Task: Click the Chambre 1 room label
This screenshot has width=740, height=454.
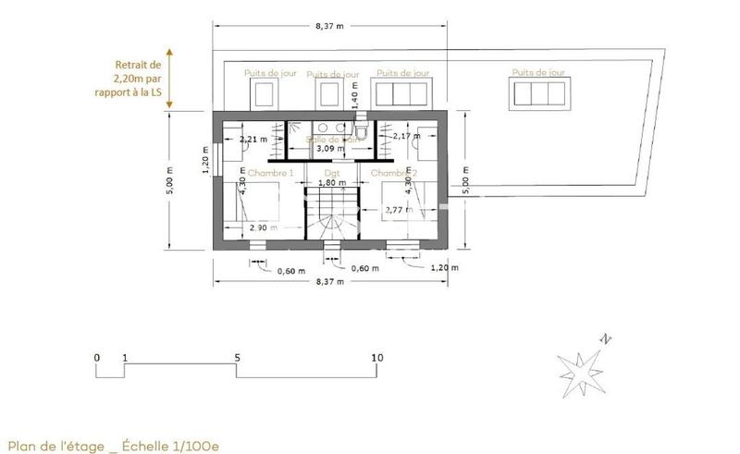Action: (x=272, y=173)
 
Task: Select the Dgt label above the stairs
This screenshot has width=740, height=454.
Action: (x=332, y=173)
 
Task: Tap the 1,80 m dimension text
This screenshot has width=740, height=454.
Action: (x=332, y=184)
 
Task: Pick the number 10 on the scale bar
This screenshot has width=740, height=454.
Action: (x=376, y=357)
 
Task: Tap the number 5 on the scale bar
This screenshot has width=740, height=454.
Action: (x=237, y=357)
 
